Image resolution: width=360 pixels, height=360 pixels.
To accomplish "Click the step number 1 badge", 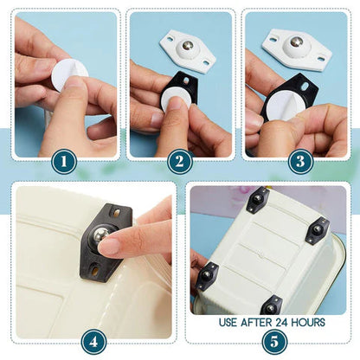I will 64,161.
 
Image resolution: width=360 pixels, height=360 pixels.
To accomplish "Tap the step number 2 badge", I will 180,161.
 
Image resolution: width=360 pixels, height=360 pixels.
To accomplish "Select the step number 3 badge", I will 299,161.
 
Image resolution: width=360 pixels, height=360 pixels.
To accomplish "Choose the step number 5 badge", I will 273,339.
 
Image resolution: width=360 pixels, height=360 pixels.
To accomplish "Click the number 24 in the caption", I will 276,322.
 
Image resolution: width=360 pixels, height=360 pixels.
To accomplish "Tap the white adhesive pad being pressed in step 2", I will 176,98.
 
